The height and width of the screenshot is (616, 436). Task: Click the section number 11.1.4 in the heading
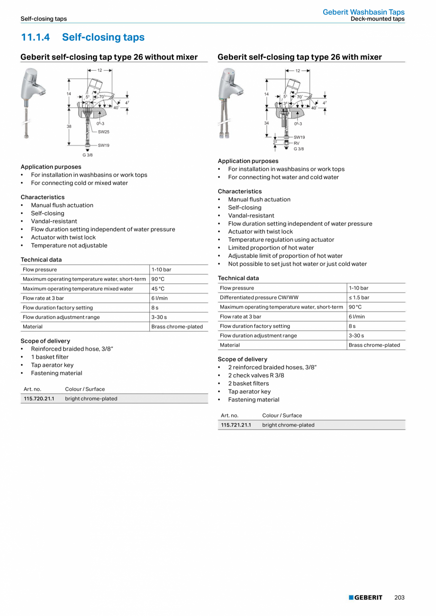coord(36,37)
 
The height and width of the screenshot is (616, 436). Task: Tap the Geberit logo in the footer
coord(365,598)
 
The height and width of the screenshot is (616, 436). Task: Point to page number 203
coord(400,598)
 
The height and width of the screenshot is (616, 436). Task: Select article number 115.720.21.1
coord(39,399)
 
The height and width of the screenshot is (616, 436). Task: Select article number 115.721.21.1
coord(236,425)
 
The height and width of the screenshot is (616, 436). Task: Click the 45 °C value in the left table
coord(158,289)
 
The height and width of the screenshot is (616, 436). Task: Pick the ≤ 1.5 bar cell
coord(359,298)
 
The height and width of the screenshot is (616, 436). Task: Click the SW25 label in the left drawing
coord(104,132)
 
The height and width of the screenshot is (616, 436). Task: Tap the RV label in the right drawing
coord(297,143)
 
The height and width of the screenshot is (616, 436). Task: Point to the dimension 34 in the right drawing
coord(266,123)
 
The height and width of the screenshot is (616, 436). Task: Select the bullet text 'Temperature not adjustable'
coord(69,245)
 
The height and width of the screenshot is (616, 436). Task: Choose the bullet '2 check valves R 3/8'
coord(256,375)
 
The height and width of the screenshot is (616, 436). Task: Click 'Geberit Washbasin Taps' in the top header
coord(363,12)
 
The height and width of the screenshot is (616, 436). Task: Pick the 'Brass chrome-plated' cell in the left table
coord(177,326)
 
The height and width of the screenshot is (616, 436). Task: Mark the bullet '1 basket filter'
coord(50,357)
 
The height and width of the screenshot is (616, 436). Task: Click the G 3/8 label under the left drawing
coord(87,155)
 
